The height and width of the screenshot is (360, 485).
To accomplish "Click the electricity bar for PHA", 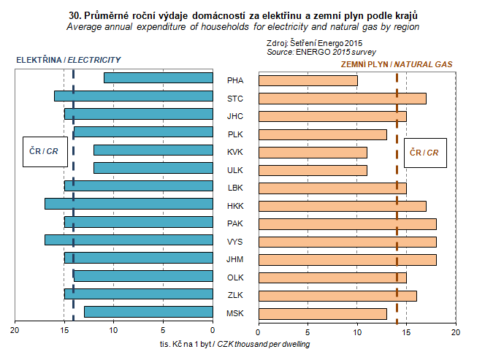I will pos(158,77).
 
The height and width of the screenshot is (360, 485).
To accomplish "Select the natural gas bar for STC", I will pos(343,98).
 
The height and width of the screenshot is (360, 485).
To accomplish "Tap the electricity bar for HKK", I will pos(129,203).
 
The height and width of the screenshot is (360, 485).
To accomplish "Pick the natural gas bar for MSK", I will pos(323,313).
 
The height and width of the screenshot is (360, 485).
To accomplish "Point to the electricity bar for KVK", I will pos(153,150).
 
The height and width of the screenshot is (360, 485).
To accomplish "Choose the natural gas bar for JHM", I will pos(348,259).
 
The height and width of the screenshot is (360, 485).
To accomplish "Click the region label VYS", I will pos(235,241).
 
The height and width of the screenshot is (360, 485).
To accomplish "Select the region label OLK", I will pos(235,277).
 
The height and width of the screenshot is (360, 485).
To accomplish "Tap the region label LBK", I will pos(235,188).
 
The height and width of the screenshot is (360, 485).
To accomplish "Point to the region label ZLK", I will pos(235,296).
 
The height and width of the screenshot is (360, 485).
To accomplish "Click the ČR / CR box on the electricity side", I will pos(44,151).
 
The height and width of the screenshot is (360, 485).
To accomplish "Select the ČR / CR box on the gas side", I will pos(424,153).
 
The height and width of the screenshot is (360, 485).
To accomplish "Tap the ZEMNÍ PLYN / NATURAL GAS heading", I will pos(397,64).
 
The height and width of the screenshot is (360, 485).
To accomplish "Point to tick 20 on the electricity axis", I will pos(15,331).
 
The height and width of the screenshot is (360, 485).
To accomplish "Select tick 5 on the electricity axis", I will pos(163,331).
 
